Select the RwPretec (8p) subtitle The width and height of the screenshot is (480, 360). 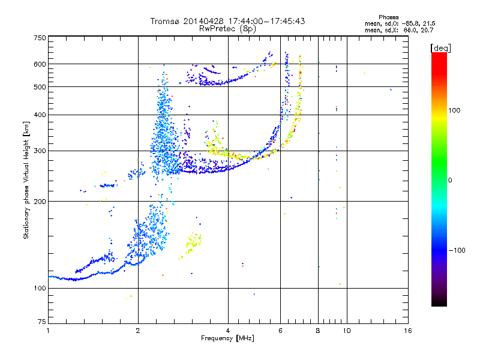[x=227, y=29]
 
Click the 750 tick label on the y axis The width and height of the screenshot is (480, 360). [x=40, y=38]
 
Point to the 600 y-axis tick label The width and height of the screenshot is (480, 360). [x=40, y=64]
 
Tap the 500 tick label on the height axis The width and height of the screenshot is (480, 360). [x=40, y=87]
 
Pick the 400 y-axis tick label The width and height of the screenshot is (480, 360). [x=40, y=115]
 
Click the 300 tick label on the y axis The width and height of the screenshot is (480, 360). [x=40, y=151]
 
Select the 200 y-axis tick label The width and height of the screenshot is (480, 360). [x=40, y=202]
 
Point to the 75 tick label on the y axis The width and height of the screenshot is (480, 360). [x=41, y=322]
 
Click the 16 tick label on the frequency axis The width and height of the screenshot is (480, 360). [x=408, y=331]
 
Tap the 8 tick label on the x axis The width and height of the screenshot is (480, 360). [x=318, y=331]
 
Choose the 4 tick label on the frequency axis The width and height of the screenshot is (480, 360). [x=228, y=331]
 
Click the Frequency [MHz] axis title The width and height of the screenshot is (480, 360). [x=227, y=338]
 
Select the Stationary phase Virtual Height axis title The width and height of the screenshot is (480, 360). [x=26, y=180]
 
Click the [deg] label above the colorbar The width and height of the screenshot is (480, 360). [x=440, y=49]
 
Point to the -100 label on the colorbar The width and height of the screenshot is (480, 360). [x=457, y=250]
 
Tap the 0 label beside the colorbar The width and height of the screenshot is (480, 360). [x=449, y=181]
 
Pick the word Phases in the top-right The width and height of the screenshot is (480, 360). [x=388, y=17]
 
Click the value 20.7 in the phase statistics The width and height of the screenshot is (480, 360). [x=427, y=31]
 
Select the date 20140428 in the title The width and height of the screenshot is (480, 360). [x=203, y=21]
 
